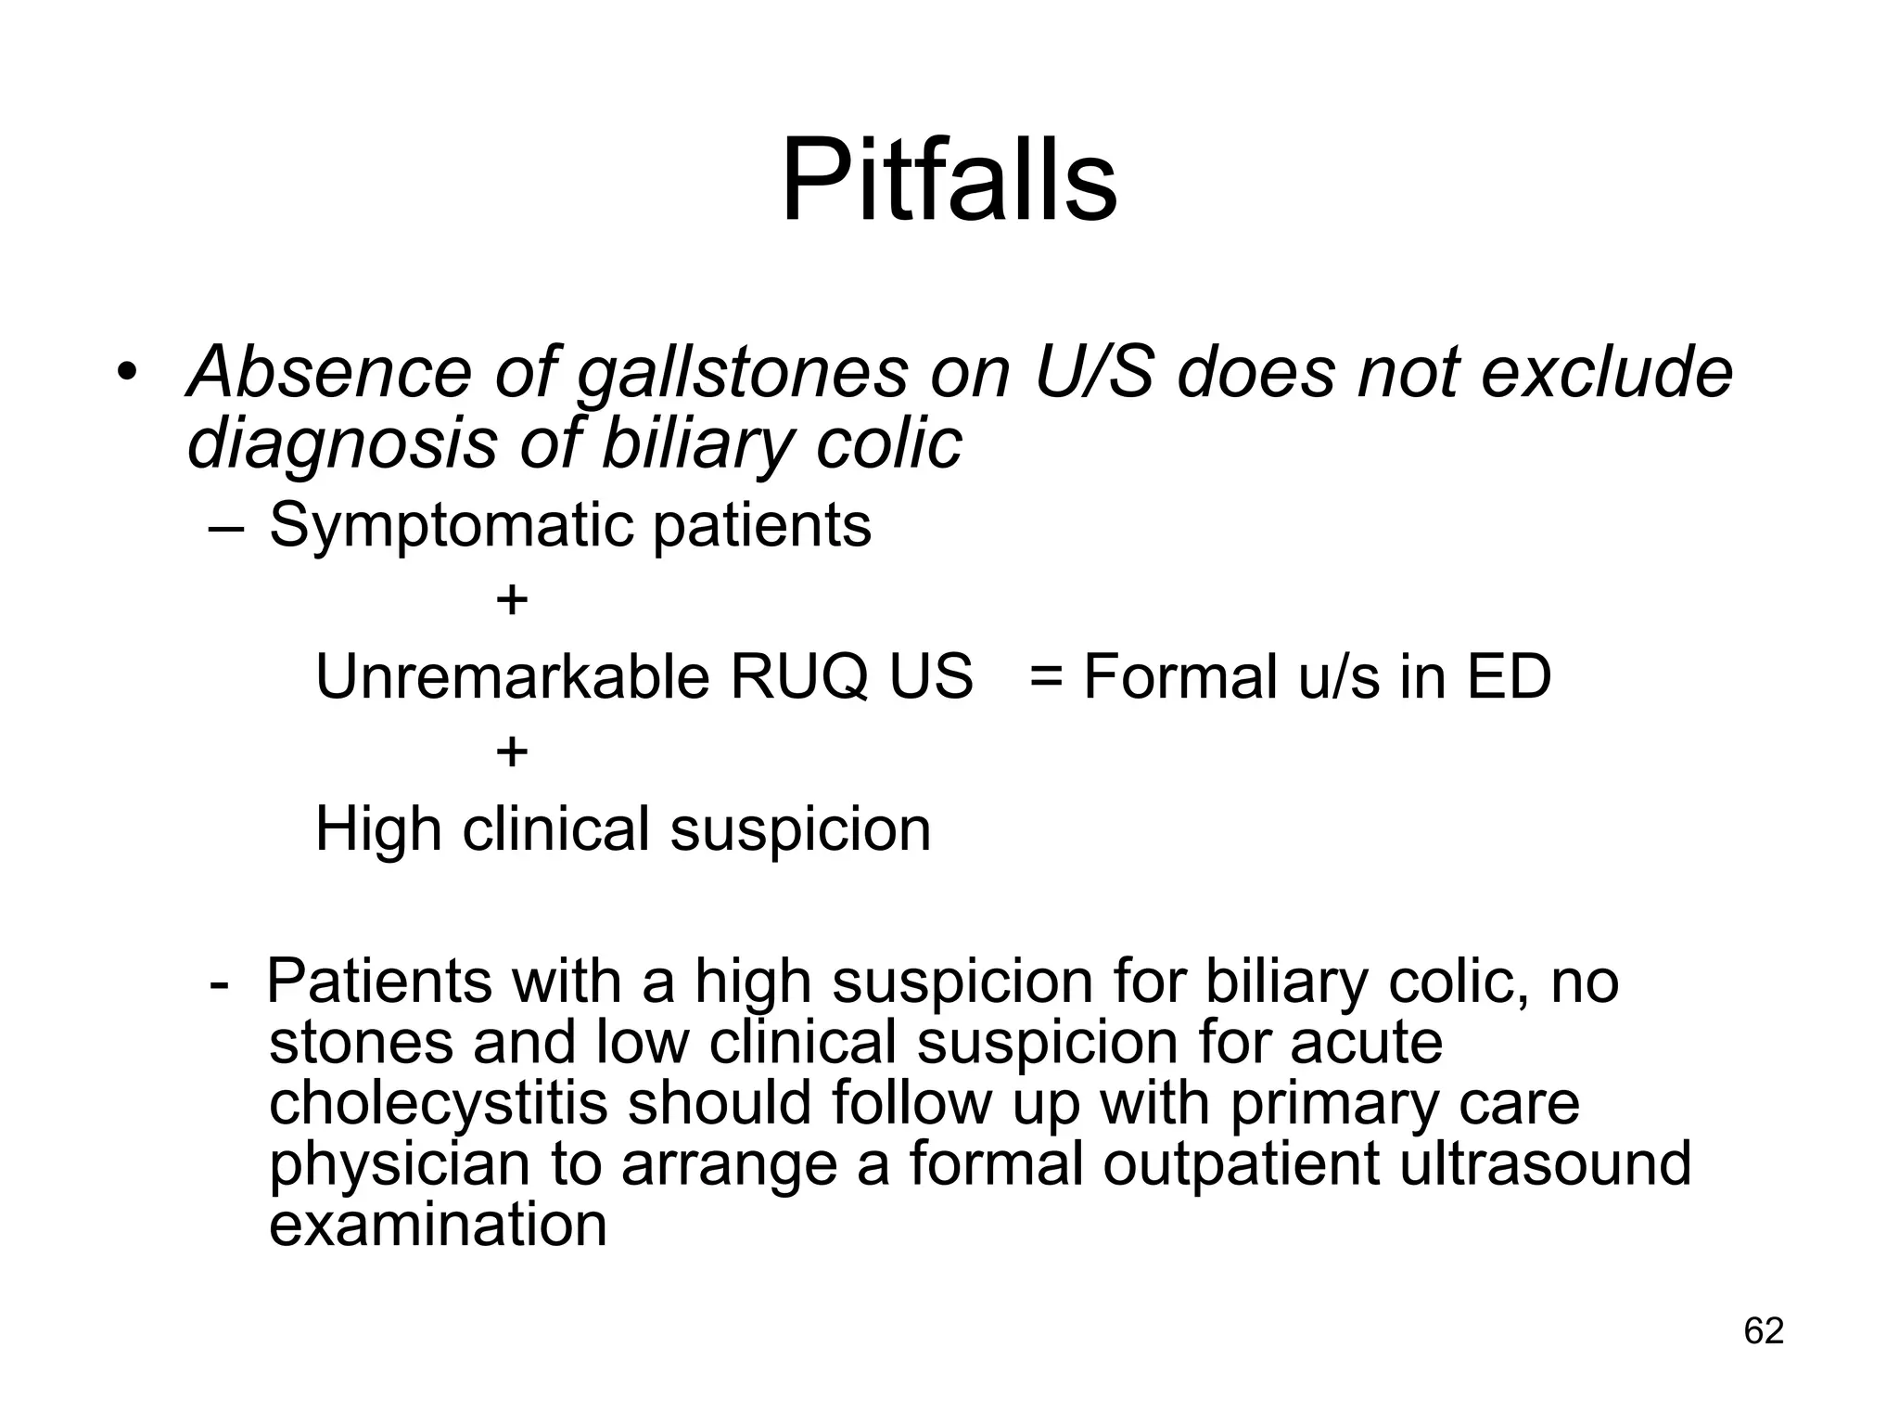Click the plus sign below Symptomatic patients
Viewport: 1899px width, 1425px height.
(x=512, y=600)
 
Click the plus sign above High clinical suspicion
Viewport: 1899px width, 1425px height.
(x=512, y=751)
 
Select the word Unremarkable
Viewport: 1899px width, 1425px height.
(x=513, y=676)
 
